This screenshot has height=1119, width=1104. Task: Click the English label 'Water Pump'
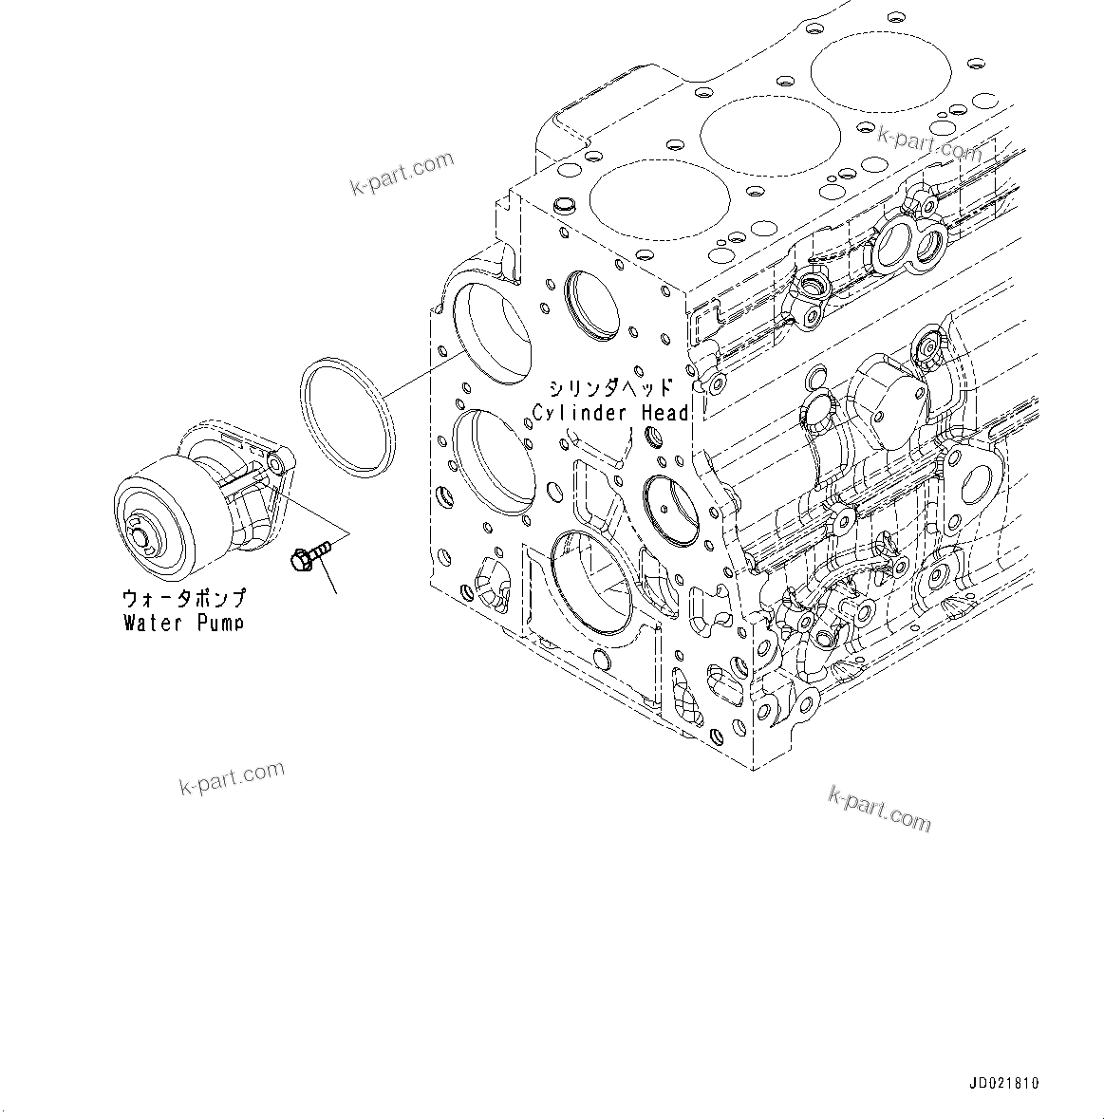coord(183,623)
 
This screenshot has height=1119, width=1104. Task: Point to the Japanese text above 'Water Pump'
coord(183,599)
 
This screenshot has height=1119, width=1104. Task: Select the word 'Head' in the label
coord(663,413)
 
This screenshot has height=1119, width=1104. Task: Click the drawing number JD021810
coord(1004,1083)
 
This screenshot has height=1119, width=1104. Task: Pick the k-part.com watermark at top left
coord(402,176)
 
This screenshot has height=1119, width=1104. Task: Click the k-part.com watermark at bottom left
coord(232,777)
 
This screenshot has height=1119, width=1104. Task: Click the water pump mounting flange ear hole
coord(275,463)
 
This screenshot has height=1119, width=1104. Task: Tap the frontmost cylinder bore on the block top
coord(659,200)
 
